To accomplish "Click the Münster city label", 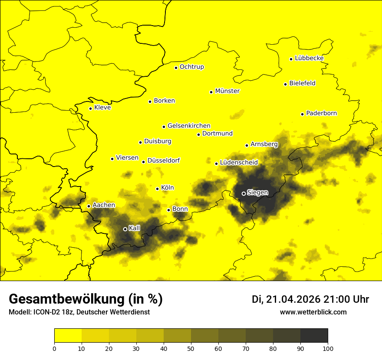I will [227, 91].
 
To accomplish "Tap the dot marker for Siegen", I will [244, 193].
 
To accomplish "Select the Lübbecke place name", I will [309, 58].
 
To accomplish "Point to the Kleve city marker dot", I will [90, 108].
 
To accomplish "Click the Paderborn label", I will [321, 113].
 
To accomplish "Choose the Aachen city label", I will [104, 205].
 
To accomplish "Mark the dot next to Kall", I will [125, 229].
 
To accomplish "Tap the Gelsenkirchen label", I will [189, 126].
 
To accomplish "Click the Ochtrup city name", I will [191, 67].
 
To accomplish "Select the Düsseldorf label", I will [163, 160].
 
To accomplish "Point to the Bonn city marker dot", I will [168, 210].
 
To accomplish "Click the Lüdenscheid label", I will [239, 163].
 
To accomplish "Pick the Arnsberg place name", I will [264, 144].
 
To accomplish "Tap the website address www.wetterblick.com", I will [313, 312].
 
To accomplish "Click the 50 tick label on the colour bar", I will [191, 348].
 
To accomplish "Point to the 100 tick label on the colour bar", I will [327, 348].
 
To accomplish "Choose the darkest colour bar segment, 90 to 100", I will [314, 336].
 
